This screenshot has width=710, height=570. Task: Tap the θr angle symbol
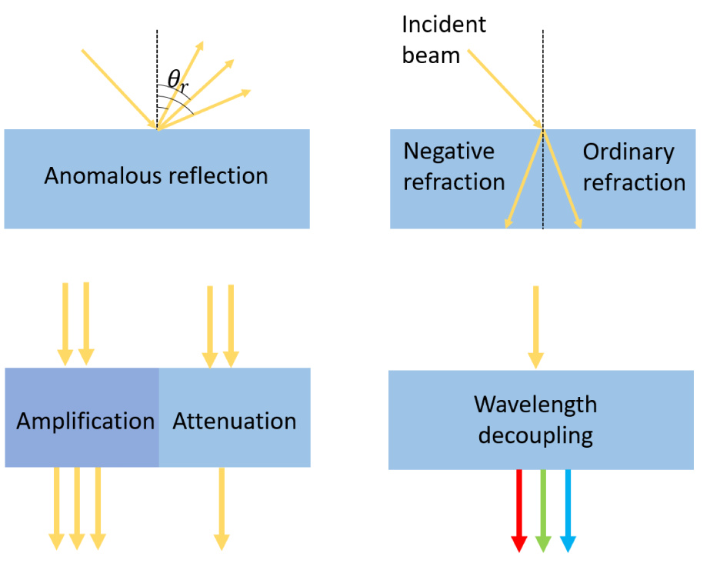tap(178, 79)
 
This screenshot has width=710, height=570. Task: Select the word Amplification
tap(85, 422)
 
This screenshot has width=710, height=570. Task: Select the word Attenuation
tap(235, 422)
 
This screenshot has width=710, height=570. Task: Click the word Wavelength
tap(535, 404)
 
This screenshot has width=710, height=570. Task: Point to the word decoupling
tap(535, 435)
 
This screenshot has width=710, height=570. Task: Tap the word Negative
tap(449, 152)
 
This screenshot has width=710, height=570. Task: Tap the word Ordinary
tap(628, 152)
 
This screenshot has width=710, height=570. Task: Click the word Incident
tap(444, 24)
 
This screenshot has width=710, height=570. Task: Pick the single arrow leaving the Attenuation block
tap(222, 508)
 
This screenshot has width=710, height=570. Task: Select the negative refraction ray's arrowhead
tap(508, 223)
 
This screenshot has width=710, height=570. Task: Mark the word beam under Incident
tap(431, 55)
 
